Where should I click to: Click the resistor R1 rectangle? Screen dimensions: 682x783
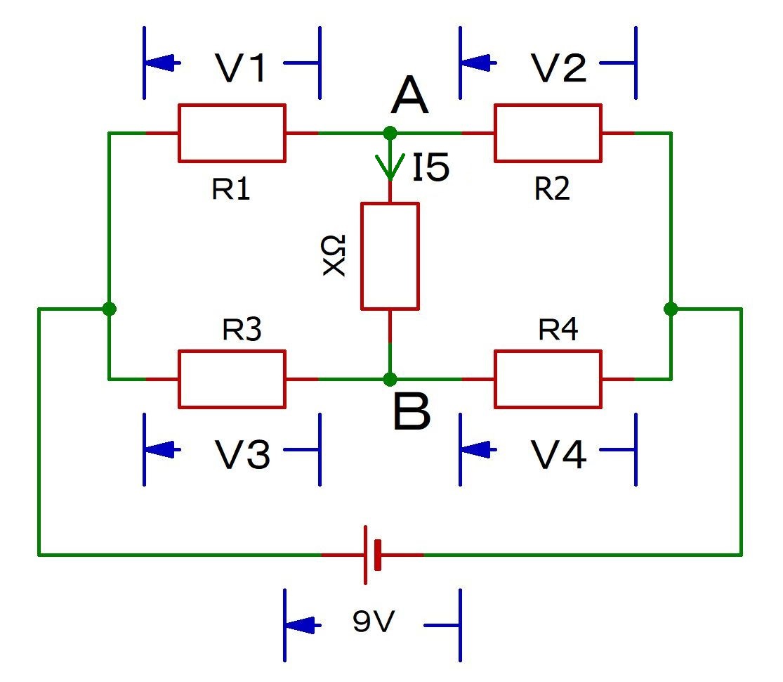[x=232, y=133]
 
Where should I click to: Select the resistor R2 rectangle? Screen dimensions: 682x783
[x=548, y=133]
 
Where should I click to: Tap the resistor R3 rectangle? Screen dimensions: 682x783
[x=232, y=379]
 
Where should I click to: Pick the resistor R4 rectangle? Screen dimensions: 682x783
[x=548, y=379]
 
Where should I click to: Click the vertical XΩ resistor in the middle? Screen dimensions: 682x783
[x=390, y=256]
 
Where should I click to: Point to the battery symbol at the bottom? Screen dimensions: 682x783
[x=372, y=555]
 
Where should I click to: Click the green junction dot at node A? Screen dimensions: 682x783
[x=390, y=133]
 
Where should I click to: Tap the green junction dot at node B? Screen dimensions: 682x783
[x=390, y=379]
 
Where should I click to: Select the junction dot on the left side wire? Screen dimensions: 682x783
[x=109, y=309]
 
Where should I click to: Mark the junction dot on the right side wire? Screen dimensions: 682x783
[x=671, y=309]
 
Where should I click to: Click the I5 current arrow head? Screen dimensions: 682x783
[x=390, y=169]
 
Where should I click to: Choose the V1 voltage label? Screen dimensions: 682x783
[x=240, y=68]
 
